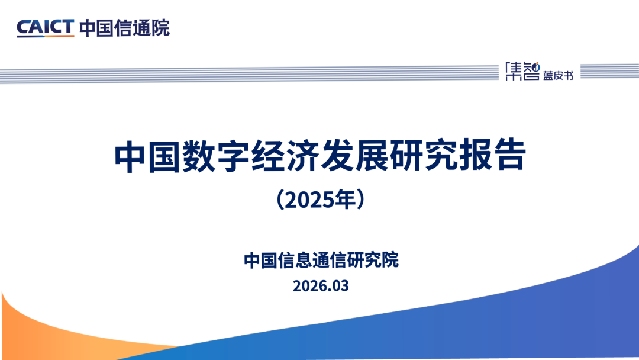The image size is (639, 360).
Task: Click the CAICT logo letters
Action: pos(45,27)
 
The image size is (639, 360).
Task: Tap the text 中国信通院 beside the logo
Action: pos(124,28)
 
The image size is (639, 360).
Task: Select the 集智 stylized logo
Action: pos(522,71)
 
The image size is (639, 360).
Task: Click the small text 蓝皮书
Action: pos(558,75)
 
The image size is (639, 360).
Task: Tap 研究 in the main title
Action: pos(424,156)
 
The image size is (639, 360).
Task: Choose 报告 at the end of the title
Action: pos(493,156)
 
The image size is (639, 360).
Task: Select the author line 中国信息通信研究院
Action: pos(321,260)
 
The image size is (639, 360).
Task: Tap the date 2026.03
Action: pos(321,286)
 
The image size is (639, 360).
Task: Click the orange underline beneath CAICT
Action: pos(45,36)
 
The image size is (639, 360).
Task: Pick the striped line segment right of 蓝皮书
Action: pos(609,71)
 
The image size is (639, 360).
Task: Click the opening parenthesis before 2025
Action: pos(280,200)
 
